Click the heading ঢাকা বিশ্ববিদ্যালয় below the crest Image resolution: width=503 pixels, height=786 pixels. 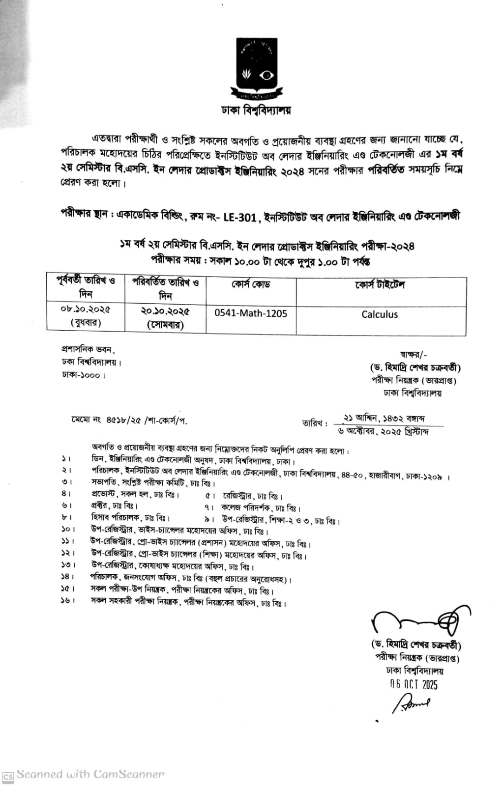coord(256,110)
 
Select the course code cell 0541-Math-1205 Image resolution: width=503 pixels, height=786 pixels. coord(251,313)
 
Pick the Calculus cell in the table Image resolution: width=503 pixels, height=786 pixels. coord(380,314)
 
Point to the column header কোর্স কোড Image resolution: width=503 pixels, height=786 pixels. coord(251,285)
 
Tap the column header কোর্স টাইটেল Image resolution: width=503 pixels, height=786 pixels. coord(380,285)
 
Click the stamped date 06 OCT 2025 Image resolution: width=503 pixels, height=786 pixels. coord(414,684)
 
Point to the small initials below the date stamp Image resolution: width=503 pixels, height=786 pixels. coord(411,704)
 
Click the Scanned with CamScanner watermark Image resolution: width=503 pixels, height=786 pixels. coord(84,775)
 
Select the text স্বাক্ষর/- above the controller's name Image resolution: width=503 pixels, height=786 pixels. coord(414,354)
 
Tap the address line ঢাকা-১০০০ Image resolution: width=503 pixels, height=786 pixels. coord(84,375)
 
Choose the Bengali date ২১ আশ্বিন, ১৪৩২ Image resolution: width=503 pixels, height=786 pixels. coord(385,419)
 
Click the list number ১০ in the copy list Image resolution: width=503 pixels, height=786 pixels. coord(67,529)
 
